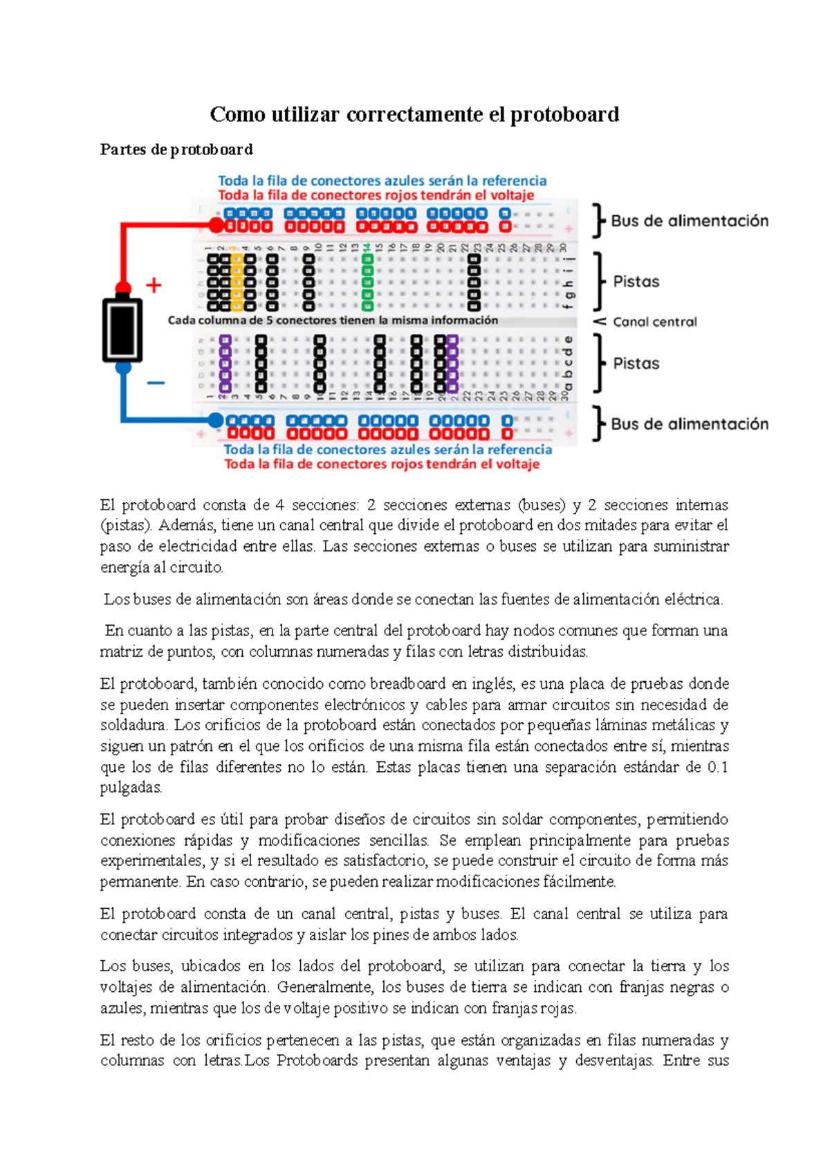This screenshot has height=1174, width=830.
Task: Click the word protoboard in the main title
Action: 564,114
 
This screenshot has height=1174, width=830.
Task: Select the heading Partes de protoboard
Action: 176,150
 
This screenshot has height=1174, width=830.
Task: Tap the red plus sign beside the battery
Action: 154,285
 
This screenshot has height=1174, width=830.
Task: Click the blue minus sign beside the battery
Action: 156,382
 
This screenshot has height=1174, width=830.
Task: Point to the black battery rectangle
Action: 122,329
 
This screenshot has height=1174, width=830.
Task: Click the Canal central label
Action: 654,322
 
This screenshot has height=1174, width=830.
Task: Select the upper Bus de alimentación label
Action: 689,221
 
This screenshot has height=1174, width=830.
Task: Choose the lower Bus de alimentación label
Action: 689,424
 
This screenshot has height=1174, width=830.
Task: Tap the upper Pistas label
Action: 636,282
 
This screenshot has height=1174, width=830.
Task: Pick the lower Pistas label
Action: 636,363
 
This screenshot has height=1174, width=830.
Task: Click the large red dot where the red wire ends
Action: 216,226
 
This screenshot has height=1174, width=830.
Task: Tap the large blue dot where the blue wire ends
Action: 216,420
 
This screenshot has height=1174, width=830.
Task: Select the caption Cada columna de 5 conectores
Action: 333,320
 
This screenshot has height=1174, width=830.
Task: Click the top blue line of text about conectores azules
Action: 382,181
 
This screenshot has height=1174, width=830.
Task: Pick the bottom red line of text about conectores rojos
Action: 381,464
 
